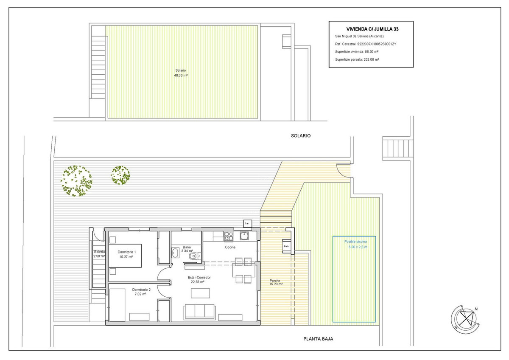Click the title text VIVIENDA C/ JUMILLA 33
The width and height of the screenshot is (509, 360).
[x=372, y=29]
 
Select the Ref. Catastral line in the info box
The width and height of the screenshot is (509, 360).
[x=365, y=44]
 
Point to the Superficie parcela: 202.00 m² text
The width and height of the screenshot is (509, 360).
[x=357, y=59]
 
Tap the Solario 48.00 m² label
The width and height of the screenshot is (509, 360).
[x=181, y=73]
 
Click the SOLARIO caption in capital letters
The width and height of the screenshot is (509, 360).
[x=301, y=136]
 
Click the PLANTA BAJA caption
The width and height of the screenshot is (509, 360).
[x=318, y=339]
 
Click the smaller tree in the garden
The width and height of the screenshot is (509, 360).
[x=120, y=175]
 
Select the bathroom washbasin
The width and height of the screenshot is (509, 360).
[x=175, y=253]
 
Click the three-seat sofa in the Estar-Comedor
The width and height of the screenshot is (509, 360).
[x=200, y=312]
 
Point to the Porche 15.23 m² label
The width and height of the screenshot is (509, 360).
[x=275, y=283]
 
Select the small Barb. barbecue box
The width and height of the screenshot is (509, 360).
[x=286, y=246]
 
